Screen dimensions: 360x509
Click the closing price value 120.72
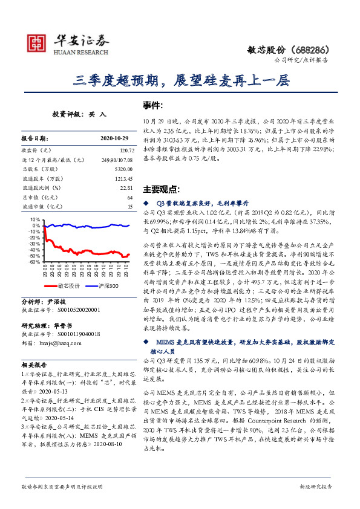click(124, 148)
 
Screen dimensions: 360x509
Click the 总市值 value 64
click(129, 198)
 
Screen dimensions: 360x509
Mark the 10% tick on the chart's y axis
click(35, 219)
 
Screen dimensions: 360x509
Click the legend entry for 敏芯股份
click(67, 285)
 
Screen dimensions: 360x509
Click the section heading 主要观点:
click(160, 189)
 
